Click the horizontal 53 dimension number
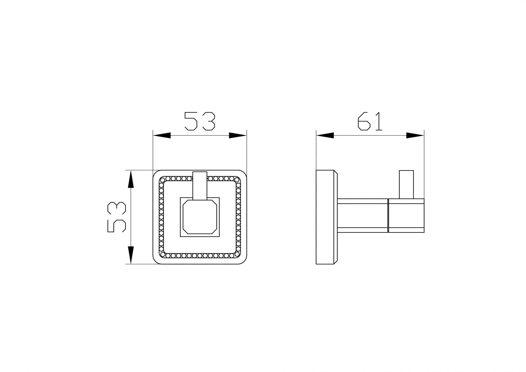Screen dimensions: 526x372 (x=200, y=121)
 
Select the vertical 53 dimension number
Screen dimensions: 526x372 (x=117, y=217)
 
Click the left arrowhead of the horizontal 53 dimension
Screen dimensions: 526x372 (x=162, y=136)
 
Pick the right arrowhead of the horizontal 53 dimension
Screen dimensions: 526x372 (x=238, y=136)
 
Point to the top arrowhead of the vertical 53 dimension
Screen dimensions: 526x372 (x=131, y=179)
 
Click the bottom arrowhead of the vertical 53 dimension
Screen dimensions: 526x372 (x=131, y=255)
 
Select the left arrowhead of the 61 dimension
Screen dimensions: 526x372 (x=325, y=136)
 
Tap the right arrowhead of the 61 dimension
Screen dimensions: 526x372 (x=415, y=136)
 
